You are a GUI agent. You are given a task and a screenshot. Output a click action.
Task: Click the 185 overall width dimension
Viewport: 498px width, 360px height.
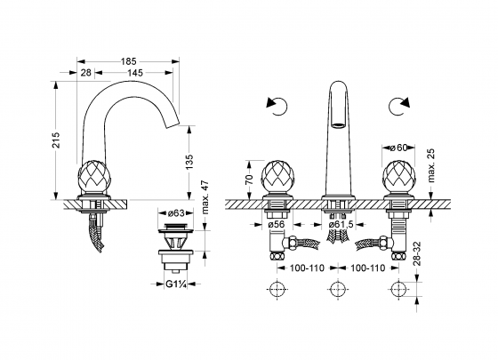point(128,61)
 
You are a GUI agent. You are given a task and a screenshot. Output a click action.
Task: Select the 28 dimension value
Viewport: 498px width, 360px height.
point(85,73)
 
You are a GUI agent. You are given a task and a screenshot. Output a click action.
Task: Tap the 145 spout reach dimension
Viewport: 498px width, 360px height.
point(135,73)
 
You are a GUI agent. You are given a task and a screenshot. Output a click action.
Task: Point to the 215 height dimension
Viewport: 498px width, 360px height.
point(56,140)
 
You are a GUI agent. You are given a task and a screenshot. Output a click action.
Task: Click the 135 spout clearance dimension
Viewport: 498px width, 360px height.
point(189,162)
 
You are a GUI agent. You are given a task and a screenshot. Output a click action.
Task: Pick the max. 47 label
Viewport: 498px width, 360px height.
point(205,197)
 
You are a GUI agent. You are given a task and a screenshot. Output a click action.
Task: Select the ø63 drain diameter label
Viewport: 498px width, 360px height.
point(176,213)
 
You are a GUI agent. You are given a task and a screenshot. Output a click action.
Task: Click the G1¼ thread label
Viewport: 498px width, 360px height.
point(176,284)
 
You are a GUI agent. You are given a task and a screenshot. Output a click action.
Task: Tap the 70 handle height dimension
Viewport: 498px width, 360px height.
point(250,179)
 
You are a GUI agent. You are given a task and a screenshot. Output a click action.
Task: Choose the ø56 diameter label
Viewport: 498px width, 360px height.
point(276,224)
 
